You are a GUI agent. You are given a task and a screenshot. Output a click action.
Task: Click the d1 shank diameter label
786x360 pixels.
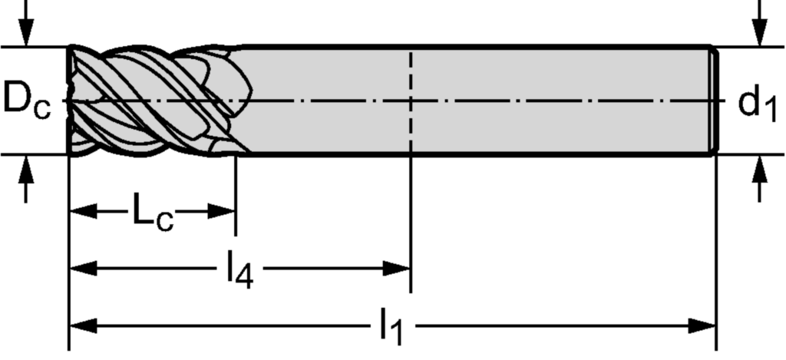click(757, 104)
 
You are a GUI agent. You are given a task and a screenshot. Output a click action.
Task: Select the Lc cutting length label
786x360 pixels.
click(153, 212)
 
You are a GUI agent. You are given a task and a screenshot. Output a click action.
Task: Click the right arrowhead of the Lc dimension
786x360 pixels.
click(222, 211)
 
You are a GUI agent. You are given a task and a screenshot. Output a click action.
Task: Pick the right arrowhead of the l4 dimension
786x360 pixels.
click(397, 268)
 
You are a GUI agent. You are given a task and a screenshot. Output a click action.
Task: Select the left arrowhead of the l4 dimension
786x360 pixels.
click(83, 268)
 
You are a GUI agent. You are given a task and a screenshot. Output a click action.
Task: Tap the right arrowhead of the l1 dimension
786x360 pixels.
click(702, 326)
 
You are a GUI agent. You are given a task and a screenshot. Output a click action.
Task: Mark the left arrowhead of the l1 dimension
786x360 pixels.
click(83, 326)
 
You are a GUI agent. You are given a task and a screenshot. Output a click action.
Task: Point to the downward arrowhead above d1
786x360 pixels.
click(761, 32)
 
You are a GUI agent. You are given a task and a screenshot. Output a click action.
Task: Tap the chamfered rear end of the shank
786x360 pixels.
click(715, 101)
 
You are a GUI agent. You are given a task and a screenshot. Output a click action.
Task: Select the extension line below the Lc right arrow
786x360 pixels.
click(236, 196)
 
